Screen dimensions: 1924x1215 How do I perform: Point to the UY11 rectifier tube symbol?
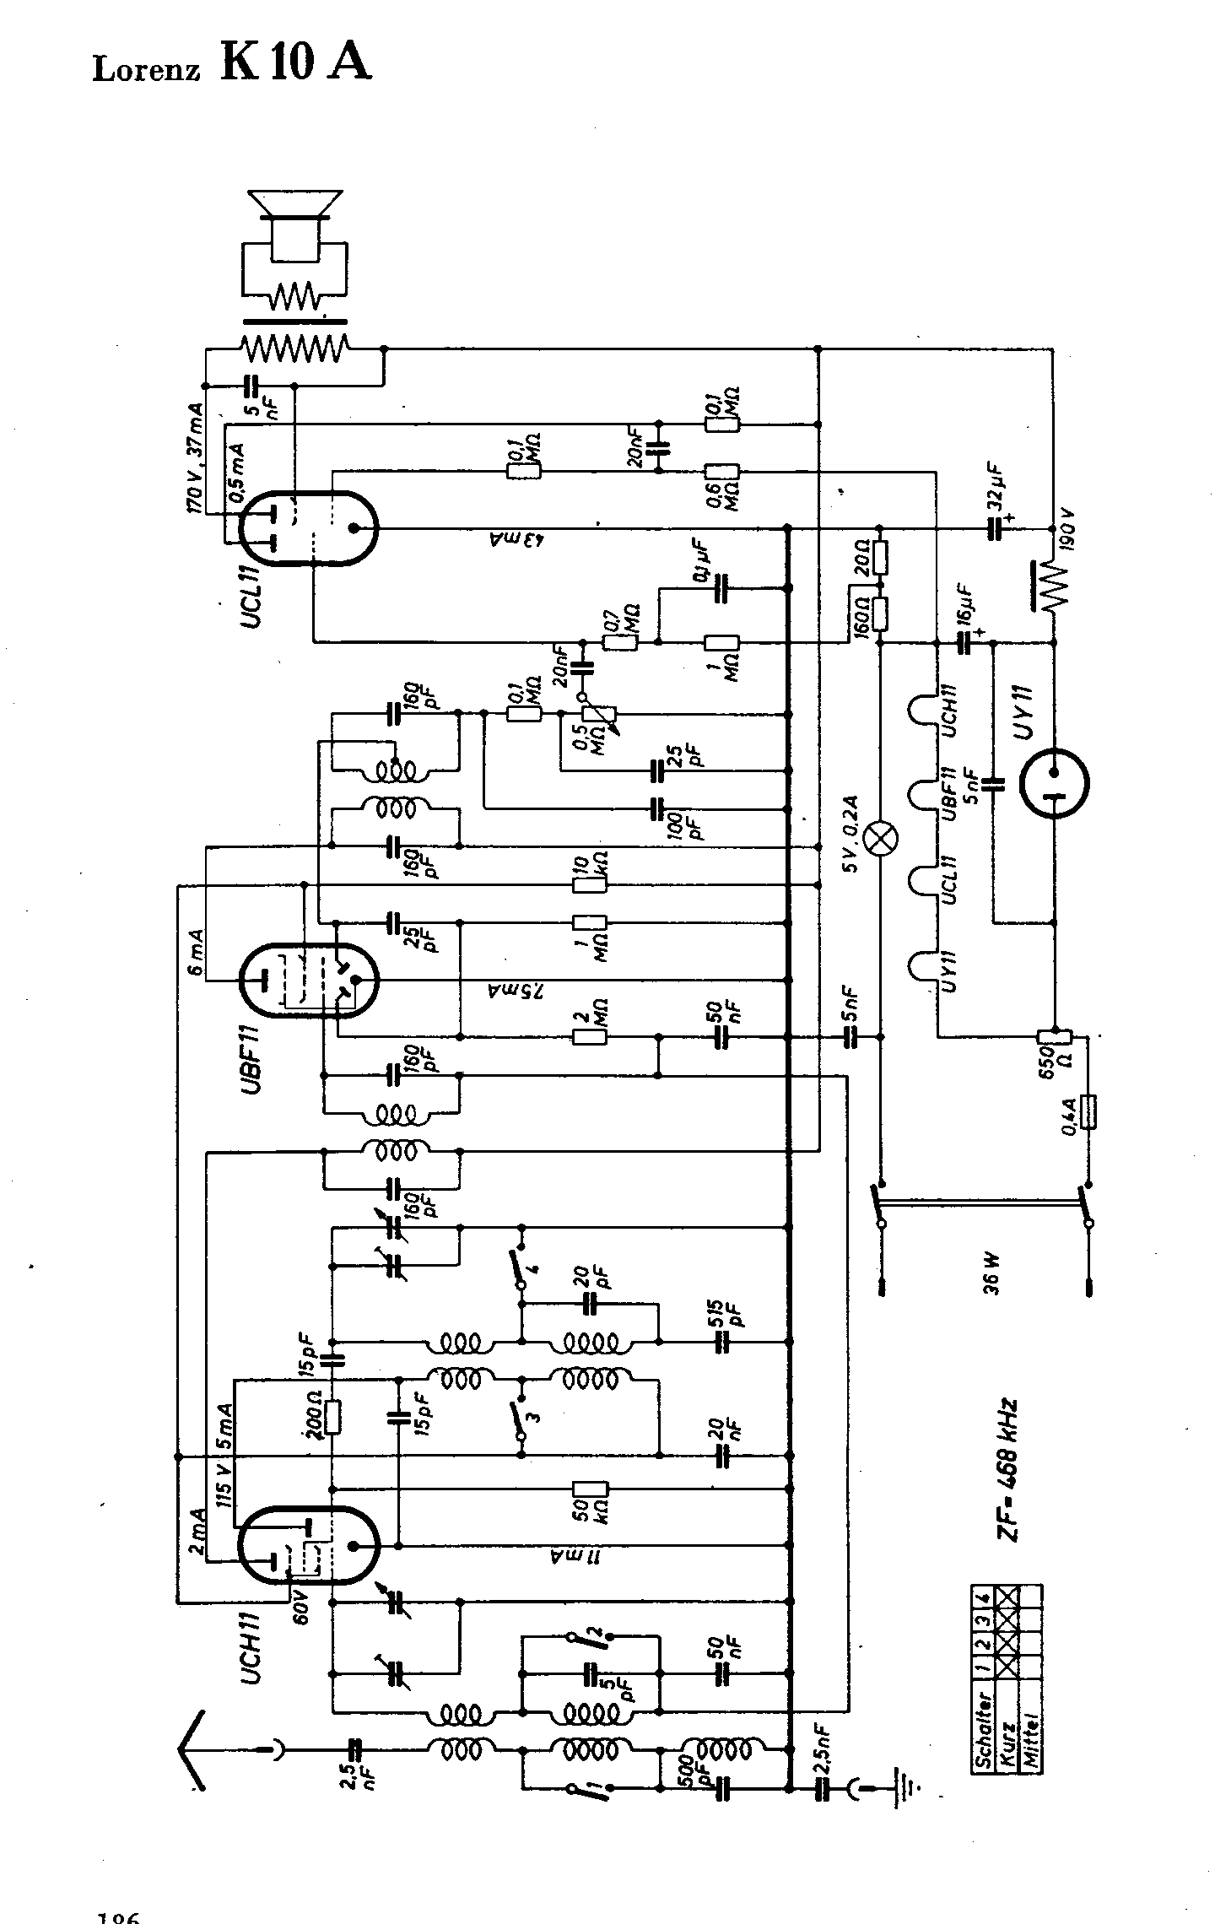pos(1054,782)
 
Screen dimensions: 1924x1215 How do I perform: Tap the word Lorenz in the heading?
pos(146,69)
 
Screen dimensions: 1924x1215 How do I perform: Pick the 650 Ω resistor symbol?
pos(1054,1037)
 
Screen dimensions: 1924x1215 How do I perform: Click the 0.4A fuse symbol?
pos(1088,1111)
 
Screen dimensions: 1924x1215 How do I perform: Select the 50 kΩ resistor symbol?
pos(590,1489)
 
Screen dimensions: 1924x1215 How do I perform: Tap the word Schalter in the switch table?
pos(984,1720)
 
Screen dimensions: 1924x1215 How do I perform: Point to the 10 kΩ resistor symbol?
pos(590,884)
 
